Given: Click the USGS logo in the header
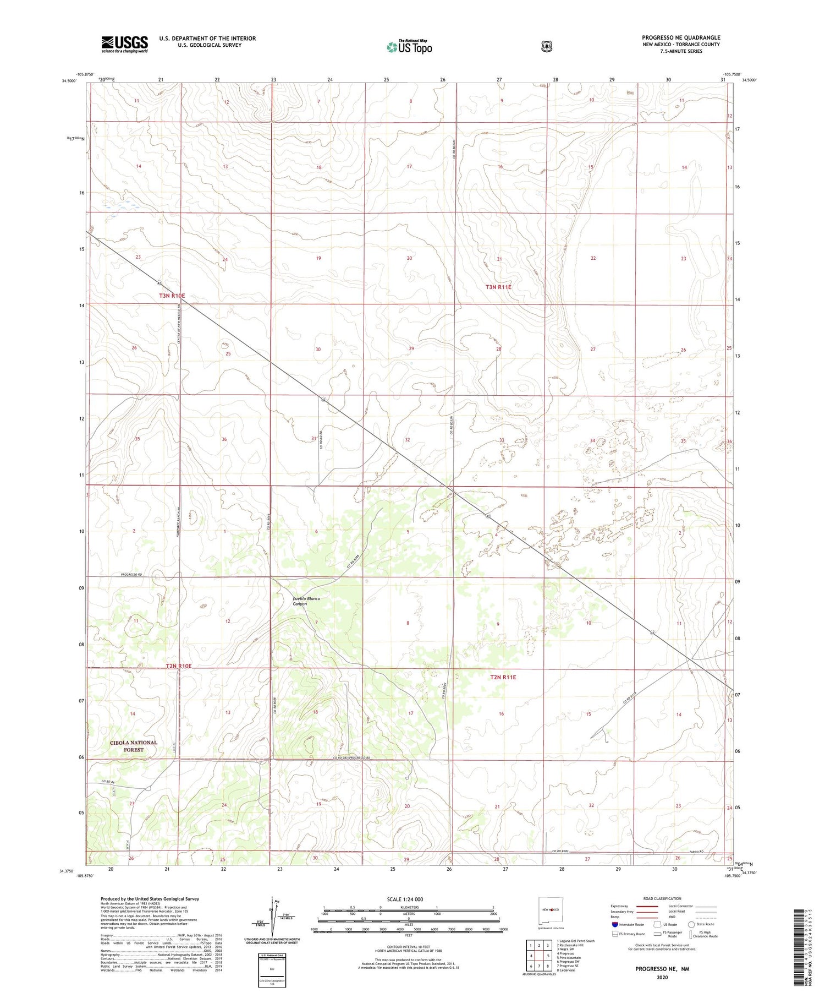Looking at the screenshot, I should [124, 44].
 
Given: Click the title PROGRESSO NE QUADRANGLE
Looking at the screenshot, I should [680, 38].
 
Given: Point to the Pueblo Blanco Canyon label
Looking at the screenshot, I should [306, 601].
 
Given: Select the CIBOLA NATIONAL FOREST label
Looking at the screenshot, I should [133, 746].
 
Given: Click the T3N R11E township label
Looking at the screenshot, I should [498, 287].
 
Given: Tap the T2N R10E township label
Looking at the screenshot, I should [179, 666].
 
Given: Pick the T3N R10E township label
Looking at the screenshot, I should [172, 296].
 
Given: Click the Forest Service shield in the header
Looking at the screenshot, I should [546, 47].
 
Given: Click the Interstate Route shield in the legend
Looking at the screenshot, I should [615, 924].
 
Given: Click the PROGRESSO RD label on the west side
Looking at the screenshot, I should [131, 575].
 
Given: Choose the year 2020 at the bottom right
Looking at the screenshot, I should [662, 978].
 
